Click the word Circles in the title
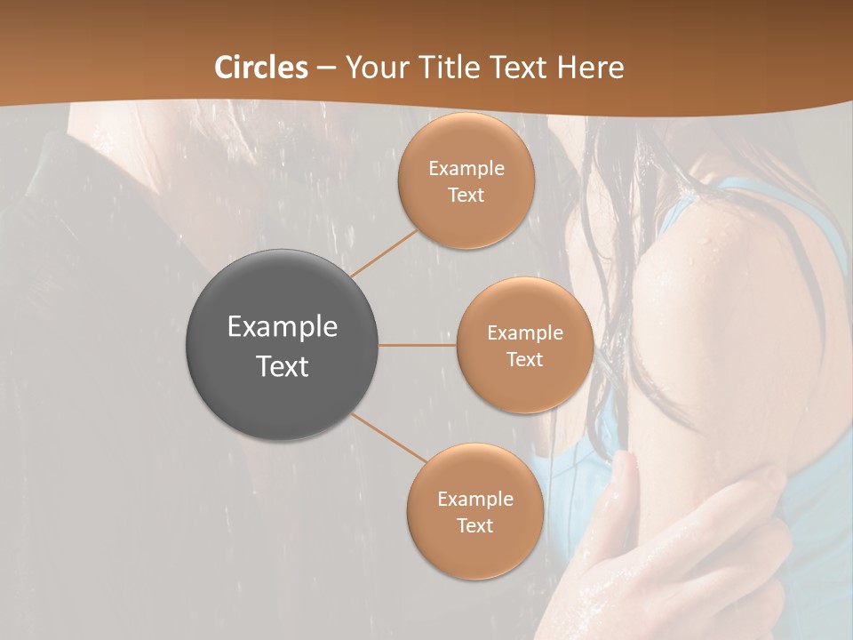coord(261,68)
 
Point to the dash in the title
coord(326,68)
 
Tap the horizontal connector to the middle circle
coord(417,345)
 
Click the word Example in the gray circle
coord(283,327)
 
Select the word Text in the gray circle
coord(283,366)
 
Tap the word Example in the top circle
coord(466,169)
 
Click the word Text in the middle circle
coord(524,360)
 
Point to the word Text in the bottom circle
coord(474,526)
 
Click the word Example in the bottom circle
coord(474,500)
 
